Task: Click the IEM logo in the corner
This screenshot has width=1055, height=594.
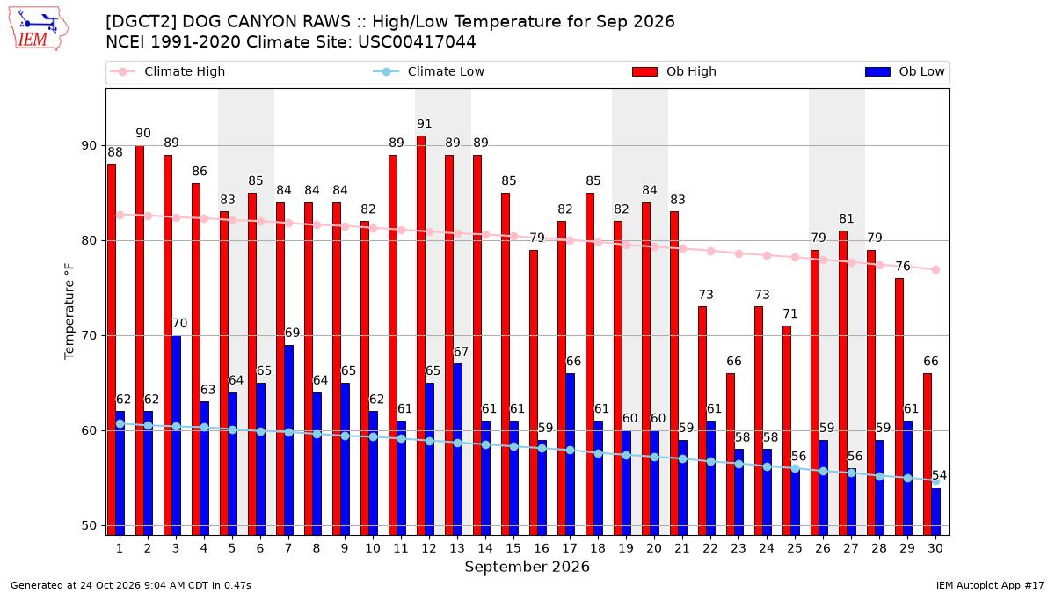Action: click(39, 29)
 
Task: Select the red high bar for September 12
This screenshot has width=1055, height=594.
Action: click(421, 335)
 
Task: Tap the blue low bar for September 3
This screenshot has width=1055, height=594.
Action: click(176, 435)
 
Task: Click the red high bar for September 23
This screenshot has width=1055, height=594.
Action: click(731, 454)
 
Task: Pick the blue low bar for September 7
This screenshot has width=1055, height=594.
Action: click(288, 440)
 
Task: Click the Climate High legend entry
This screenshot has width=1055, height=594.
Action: click(168, 71)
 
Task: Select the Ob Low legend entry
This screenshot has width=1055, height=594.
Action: click(905, 71)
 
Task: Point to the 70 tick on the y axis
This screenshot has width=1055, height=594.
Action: click(89, 335)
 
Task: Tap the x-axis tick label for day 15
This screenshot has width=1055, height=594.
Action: click(513, 548)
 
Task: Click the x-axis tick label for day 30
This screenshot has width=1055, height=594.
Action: click(935, 548)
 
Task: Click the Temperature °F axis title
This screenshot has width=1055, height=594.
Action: click(69, 312)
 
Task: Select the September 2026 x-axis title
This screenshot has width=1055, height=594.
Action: click(527, 567)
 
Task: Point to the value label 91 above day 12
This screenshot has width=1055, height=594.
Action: click(425, 123)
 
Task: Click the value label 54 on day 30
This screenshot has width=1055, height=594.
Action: click(939, 475)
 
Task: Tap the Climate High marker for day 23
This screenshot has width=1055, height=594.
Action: click(739, 253)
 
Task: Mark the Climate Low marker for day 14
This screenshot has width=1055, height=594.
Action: click(485, 444)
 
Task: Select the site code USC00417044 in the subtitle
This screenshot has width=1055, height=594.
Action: click(417, 42)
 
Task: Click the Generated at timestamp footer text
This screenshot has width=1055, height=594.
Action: click(130, 585)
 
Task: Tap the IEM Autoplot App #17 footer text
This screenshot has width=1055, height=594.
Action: click(990, 585)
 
